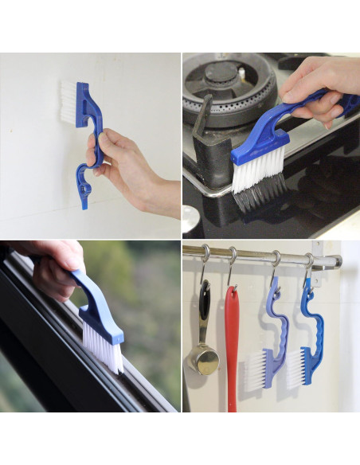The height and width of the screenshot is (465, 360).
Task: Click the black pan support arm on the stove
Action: pos(202,119)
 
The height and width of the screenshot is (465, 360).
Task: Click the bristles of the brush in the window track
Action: pos(103,347)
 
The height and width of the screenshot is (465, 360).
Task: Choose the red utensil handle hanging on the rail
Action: pos(232,342)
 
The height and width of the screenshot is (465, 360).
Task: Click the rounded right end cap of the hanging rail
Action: pos(338,261)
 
